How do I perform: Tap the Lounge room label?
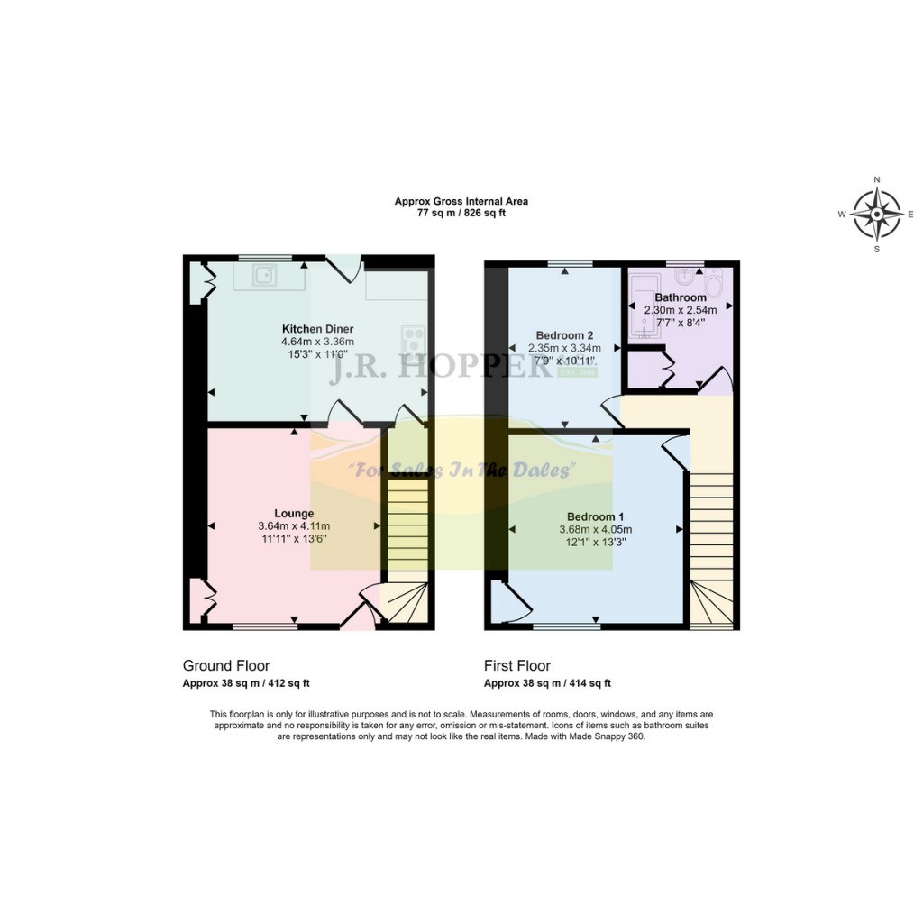294,514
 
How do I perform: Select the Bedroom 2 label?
563,335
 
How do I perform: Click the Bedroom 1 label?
595,516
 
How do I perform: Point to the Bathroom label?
681,297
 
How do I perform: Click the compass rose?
877,215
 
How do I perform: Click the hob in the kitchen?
415,340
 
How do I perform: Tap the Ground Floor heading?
226,666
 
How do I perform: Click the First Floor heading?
516,666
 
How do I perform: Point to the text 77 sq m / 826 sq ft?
461,214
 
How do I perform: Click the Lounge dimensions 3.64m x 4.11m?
294,526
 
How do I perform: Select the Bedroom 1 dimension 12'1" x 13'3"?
595,542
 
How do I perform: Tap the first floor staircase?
711,541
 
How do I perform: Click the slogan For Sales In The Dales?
461,470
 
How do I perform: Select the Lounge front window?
265,625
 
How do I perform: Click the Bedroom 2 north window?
570,263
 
